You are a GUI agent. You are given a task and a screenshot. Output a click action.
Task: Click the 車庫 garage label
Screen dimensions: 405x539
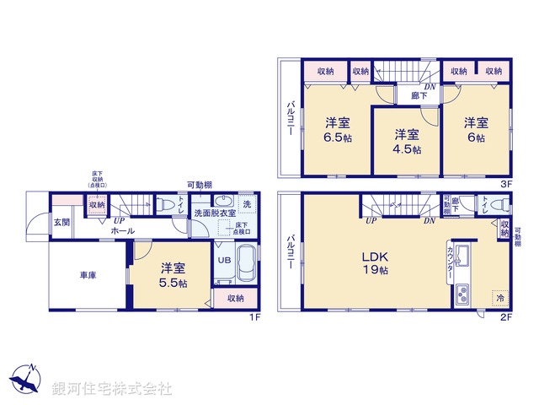(88, 274)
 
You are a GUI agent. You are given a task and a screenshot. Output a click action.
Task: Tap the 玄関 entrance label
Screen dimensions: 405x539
(62, 222)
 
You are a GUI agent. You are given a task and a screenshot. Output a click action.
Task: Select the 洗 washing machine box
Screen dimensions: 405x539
(247, 203)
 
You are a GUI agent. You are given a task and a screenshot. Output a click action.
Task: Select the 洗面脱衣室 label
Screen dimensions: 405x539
(215, 214)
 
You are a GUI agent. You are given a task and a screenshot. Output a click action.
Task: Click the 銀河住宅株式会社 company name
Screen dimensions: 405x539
(112, 389)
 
